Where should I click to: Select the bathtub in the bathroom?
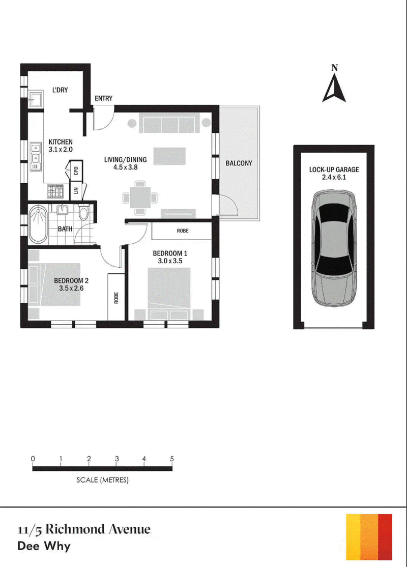[38, 224]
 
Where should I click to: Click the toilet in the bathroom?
[83, 212]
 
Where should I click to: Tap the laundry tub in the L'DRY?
[36, 98]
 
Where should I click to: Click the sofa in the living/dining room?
[169, 123]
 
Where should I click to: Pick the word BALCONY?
[239, 163]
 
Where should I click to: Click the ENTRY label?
[103, 98]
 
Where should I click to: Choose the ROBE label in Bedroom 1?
[183, 231]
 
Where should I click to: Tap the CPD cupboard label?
[76, 171]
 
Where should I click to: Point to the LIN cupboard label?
[76, 189]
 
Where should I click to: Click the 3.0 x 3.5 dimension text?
[170, 261]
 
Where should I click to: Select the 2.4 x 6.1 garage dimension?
[334, 177]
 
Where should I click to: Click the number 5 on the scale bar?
[171, 459]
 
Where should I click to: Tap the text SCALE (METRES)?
[102, 480]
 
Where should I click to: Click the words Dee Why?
[44, 546]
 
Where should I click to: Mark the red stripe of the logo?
[385, 536]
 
